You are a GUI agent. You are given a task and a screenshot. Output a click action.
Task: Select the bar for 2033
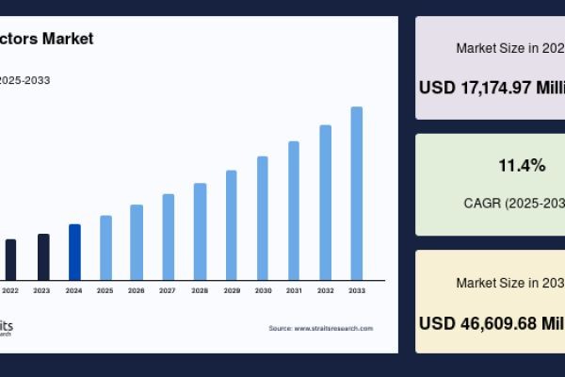coord(357,193)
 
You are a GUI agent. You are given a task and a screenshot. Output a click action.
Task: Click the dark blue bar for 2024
coord(74,252)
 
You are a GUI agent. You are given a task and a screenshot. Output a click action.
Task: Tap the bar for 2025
coord(105,247)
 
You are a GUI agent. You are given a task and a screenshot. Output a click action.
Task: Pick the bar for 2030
coord(263,218)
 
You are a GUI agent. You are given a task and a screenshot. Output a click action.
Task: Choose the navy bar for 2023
coord(43,256)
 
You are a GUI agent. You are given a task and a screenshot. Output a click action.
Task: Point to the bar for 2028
coord(200,231)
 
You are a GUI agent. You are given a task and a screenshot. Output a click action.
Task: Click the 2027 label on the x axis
coord(168,290)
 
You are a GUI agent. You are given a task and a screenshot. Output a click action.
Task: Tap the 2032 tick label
coord(325,290)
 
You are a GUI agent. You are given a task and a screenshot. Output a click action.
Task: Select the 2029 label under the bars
coord(231,290)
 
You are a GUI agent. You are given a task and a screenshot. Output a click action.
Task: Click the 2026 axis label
coord(137,290)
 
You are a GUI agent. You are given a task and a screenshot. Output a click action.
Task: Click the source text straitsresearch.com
coord(333,328)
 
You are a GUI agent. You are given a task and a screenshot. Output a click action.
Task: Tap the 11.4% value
coord(522,166)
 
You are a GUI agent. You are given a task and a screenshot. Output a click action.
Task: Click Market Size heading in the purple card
coord(508,47)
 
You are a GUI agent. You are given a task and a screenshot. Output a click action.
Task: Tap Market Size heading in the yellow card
coord(508,282)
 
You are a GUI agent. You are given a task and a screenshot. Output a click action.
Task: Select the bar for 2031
coord(294,210)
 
